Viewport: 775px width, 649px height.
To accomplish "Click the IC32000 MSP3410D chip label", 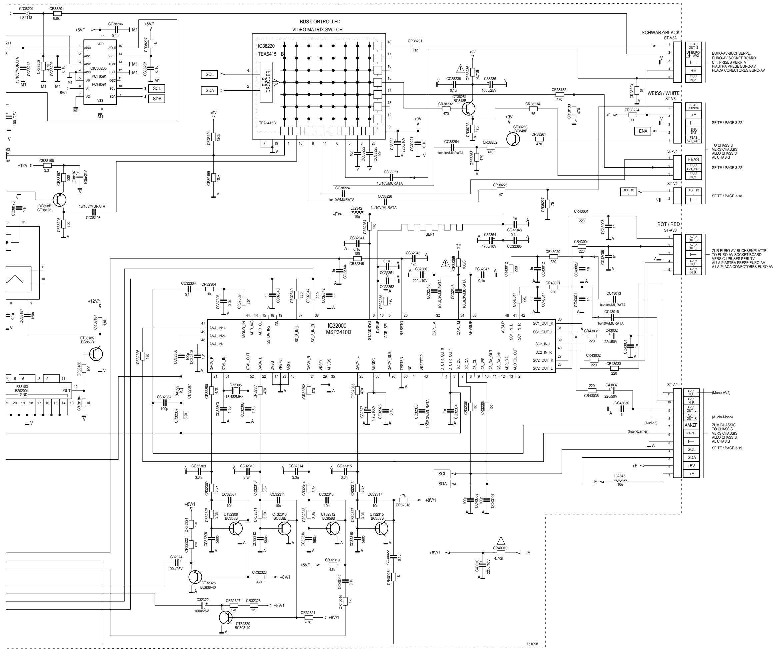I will tap(338, 329).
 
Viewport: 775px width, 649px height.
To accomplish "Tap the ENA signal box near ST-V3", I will tap(643, 131).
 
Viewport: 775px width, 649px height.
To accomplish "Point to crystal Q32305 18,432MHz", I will tap(236, 391).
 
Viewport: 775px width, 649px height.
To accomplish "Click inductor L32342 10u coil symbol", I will tap(357, 214).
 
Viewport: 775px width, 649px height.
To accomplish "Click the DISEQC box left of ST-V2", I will tap(628, 192).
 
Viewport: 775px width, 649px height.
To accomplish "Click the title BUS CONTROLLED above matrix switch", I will tap(320, 22).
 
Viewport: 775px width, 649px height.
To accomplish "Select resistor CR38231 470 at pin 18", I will tap(415, 46).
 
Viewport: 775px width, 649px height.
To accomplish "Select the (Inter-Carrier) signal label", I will tap(638, 432).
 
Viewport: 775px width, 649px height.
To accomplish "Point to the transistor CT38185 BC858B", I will tap(96, 355).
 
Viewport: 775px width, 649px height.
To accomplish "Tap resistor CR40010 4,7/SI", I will tap(500, 553).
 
